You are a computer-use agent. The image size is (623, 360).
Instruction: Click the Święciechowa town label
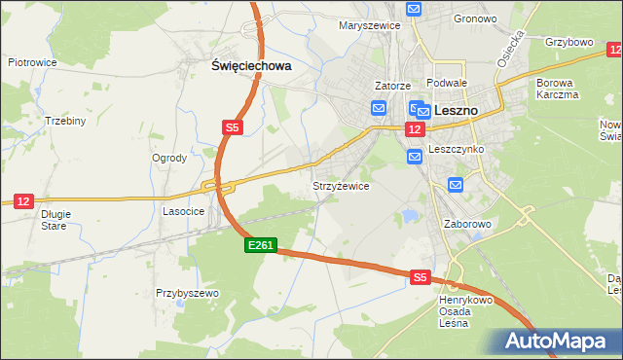(252, 66)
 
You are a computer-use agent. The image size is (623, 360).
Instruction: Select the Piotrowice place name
(32, 61)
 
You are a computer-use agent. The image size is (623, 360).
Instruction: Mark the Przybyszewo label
(188, 293)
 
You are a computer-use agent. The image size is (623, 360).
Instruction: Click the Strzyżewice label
(340, 186)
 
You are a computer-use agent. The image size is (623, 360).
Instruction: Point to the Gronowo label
(475, 18)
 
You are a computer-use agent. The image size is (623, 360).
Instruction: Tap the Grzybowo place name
(569, 43)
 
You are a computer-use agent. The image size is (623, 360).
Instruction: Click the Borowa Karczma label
(557, 90)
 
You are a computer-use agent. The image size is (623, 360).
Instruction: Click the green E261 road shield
(261, 247)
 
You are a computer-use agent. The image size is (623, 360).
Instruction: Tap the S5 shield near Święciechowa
(232, 127)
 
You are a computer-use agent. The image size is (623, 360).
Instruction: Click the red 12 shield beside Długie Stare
(23, 201)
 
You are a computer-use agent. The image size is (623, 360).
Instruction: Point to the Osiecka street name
(511, 48)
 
